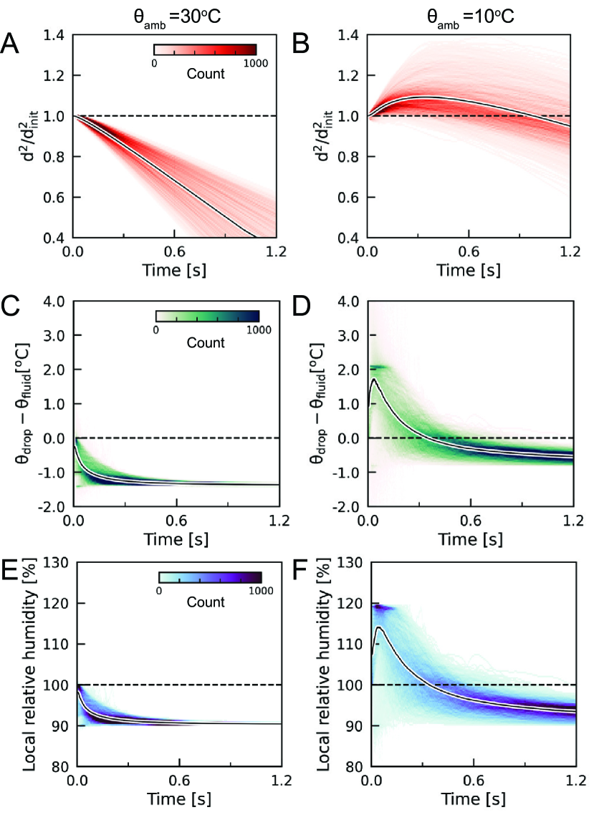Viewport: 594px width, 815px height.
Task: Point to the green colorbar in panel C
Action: tap(207, 316)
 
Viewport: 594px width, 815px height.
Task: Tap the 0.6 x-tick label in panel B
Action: tap(469, 252)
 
